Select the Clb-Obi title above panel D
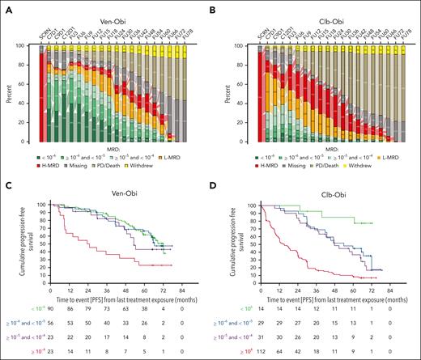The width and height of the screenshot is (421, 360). coord(330,192)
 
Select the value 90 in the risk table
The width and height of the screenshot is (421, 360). coord(49,300)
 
